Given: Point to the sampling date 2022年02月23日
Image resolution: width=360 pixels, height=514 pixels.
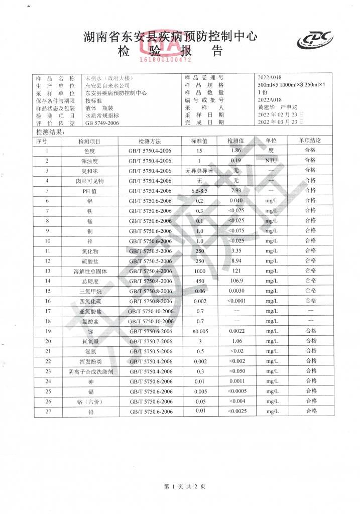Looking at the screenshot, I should click(281, 115).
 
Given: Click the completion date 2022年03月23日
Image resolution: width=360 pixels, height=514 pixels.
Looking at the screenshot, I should click(281, 122).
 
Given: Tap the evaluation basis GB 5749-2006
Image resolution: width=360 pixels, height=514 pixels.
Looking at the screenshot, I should click(102, 123).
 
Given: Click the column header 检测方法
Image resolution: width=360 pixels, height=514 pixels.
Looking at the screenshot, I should click(150, 141).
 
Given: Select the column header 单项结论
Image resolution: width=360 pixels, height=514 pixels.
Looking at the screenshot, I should click(310, 141).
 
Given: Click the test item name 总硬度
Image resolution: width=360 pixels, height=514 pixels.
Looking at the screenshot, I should click(90, 281).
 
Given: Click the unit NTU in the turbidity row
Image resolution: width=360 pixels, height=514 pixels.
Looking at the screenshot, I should click(271, 161).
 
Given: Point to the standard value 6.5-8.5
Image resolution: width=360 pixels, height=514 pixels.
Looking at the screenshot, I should click(199, 191).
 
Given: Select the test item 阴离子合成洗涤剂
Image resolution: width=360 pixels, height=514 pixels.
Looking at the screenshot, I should click(90, 371).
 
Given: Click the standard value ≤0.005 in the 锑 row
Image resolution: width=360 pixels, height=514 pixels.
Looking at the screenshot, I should click(199, 331).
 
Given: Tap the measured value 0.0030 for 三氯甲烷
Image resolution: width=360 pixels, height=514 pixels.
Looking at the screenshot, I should click(236, 291).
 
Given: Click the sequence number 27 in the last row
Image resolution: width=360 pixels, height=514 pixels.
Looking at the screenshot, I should click(48, 412).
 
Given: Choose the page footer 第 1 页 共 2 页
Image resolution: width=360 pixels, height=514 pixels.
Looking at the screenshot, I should click(185, 486).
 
